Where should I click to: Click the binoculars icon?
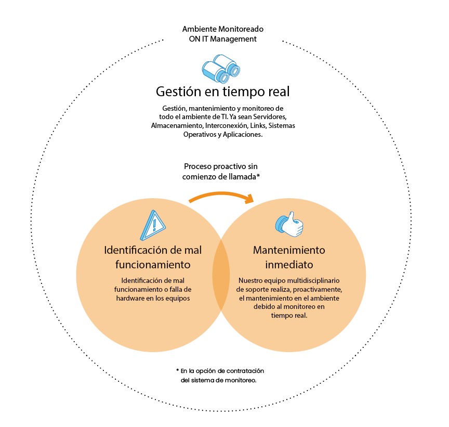click(221, 69)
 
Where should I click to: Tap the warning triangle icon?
click(153, 225)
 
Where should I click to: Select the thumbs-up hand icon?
click(289, 224)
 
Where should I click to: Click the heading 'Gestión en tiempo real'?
click(223, 92)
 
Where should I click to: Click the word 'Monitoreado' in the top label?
click(241, 29)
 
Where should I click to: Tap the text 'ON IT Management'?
click(223, 39)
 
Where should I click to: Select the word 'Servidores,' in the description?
click(270, 117)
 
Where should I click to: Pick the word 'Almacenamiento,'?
click(177, 125)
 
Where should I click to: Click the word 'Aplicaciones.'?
click(243, 134)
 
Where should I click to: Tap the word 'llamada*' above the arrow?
click(244, 176)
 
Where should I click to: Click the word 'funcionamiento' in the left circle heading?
click(153, 265)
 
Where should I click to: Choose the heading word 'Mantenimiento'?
click(289, 250)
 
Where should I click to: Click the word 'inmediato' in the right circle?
click(289, 265)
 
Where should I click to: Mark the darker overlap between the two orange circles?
click(221, 275)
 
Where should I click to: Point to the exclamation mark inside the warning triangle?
click(154, 225)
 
